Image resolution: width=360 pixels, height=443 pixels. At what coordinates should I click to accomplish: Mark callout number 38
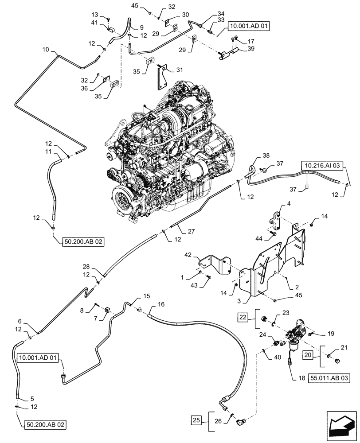click(265, 155)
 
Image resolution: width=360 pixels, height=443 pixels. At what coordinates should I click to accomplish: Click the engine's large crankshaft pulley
click(124, 200)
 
